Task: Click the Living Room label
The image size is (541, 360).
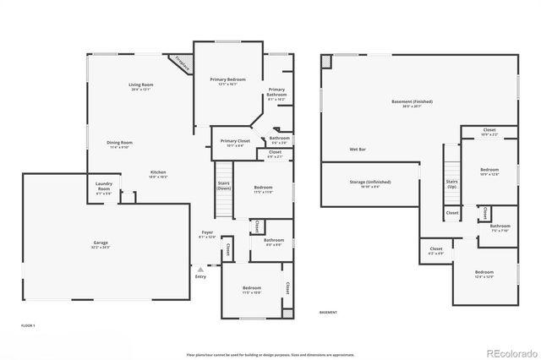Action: pyautogui.click(x=140, y=86)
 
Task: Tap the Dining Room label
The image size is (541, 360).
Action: pyautogui.click(x=119, y=144)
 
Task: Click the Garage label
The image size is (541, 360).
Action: pyautogui.click(x=100, y=244)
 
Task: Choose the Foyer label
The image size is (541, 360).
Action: pyautogui.click(x=207, y=234)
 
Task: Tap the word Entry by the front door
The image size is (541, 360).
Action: pyautogui.click(x=200, y=276)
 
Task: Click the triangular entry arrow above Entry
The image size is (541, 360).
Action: pyautogui.click(x=200, y=269)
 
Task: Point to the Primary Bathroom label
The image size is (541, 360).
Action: pyautogui.click(x=276, y=94)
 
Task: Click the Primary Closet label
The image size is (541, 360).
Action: pyautogui.click(x=235, y=142)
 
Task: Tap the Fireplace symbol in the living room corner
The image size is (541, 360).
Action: pyautogui.click(x=180, y=62)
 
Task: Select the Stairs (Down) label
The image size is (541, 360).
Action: pyautogui.click(x=224, y=185)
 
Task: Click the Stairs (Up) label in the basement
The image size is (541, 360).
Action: pyautogui.click(x=452, y=183)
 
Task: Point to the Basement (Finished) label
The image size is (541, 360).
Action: pyautogui.click(x=412, y=103)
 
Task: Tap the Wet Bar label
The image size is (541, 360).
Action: pyautogui.click(x=358, y=150)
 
